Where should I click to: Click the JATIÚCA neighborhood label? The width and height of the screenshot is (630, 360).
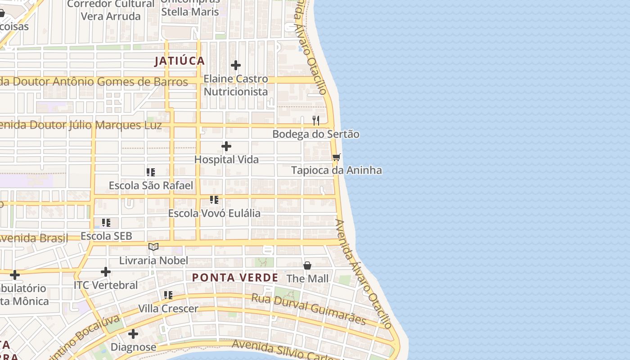pos(180,61)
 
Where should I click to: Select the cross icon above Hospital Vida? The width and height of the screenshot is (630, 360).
pos(226,146)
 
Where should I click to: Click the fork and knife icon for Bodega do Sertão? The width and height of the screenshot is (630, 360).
pos(316,121)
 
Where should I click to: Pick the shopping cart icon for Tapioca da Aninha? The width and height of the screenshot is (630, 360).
pos(336,157)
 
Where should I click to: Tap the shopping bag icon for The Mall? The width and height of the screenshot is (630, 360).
pos(307,265)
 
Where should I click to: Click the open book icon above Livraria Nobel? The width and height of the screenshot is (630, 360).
pos(153,247)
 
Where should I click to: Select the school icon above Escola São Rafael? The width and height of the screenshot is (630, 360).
pos(151,172)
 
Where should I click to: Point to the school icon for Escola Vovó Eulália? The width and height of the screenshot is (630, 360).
pos(214,199)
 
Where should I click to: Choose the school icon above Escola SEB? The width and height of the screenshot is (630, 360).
pos(106,222)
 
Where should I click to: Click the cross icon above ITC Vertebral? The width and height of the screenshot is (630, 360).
pos(106,272)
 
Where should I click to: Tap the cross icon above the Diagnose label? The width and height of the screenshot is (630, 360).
pos(133,334)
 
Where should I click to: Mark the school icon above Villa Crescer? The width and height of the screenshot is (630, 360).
pos(168,295)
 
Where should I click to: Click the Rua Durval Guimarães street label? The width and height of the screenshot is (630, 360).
pos(308,309)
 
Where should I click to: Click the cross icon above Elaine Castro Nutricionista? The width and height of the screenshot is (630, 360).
pos(236,66)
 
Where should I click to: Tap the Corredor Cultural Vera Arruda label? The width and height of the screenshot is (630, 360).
pos(111,10)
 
